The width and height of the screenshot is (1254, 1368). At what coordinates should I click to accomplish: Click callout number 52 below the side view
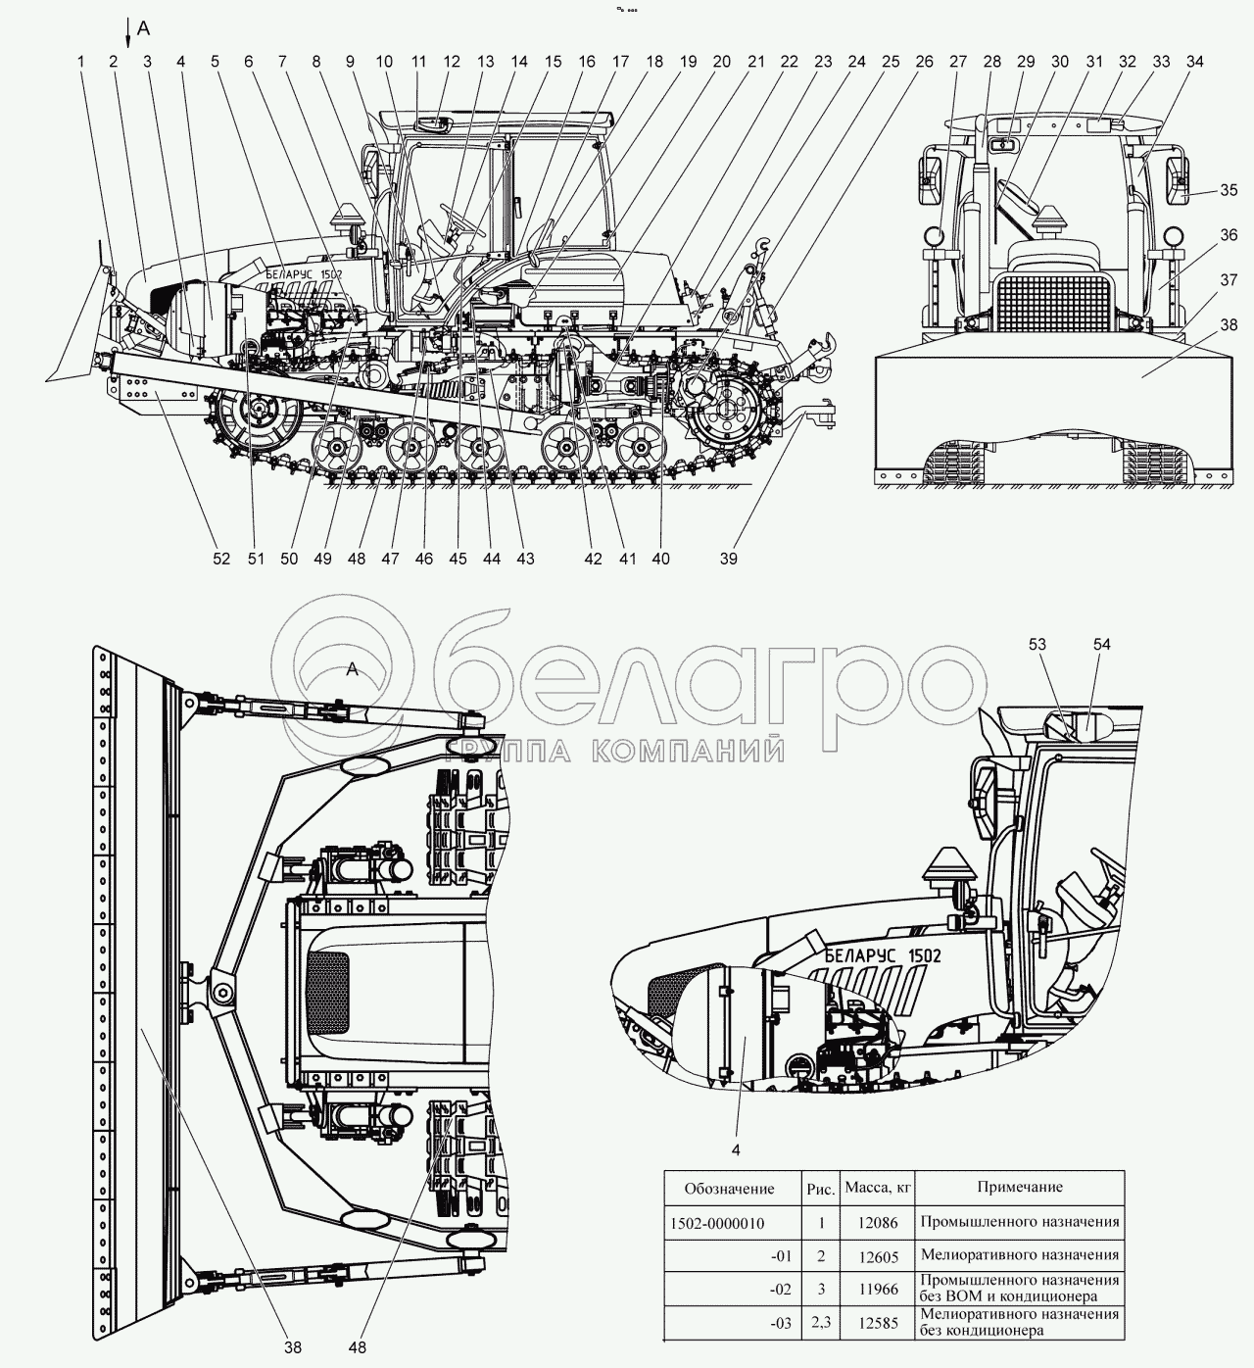(221, 559)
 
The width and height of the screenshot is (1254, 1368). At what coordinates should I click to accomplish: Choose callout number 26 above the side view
(924, 61)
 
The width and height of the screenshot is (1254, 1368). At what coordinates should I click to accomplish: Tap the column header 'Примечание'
(1019, 1187)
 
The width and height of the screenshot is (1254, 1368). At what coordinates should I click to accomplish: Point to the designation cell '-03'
(780, 1322)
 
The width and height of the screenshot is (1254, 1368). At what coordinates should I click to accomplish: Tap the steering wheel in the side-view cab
(457, 218)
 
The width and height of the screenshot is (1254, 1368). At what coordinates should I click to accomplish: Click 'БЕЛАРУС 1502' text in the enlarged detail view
(883, 956)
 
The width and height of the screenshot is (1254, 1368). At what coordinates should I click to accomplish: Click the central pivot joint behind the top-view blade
(220, 992)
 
